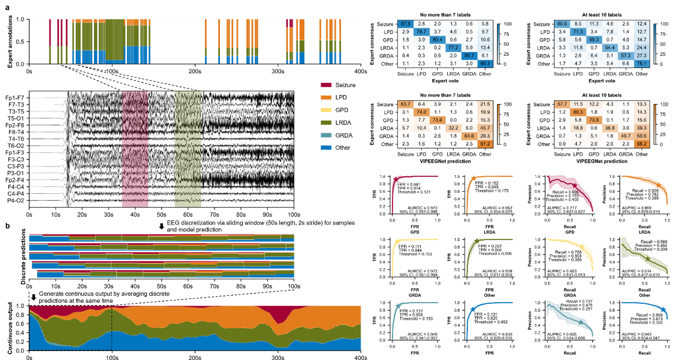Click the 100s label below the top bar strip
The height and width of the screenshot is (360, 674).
coord(112,71)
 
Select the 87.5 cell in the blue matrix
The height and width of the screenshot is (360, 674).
coord(405,24)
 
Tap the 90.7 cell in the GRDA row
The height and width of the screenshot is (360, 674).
coord(469,56)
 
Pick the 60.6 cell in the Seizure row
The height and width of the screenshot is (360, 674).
coord(562,24)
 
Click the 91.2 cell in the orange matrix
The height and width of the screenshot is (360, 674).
coord(485,144)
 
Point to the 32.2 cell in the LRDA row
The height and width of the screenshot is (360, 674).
coord(453,128)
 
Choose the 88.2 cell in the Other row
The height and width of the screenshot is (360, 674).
coord(641,144)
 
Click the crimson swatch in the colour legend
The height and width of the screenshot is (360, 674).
coord(326,85)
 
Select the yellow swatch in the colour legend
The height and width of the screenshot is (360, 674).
coord(326,110)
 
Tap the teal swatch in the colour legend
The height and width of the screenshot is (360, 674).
coord(326,135)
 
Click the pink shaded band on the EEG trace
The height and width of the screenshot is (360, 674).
coord(135,149)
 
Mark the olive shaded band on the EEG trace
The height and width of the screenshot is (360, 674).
coord(188,149)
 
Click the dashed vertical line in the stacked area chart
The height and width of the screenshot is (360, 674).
coord(112,328)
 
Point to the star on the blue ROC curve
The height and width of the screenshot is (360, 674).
coord(473,309)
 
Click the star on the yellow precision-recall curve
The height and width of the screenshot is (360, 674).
coord(581,247)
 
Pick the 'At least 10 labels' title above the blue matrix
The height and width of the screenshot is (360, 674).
coord(601,15)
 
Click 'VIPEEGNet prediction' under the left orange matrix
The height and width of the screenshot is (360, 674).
coord(445,161)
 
